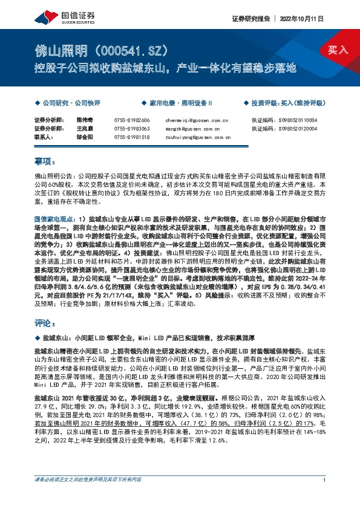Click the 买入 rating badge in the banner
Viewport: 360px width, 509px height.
338,50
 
